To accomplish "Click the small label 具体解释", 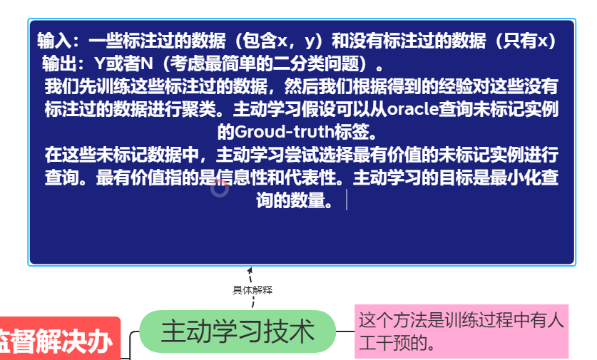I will pos(252,290).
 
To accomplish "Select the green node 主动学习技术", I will pos(238,331).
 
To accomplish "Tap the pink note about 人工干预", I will pos(461,331).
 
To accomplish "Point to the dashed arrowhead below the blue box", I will pos(250,270).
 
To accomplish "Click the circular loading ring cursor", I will pos(220,188).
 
